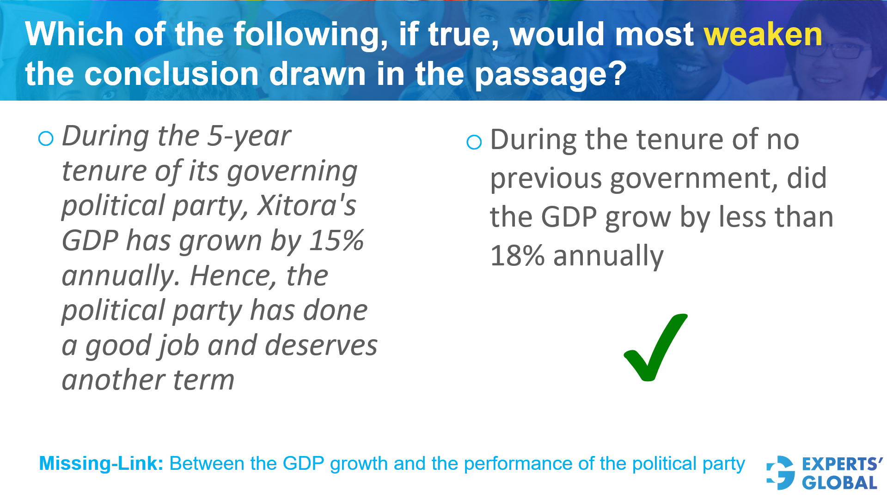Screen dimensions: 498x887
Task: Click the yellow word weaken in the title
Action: click(x=763, y=35)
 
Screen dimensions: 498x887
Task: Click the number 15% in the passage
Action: click(x=336, y=240)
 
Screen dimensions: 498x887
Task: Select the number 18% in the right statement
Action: click(x=517, y=256)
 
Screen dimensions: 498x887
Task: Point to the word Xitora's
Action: click(x=306, y=205)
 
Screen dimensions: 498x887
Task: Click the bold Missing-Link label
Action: click(x=101, y=463)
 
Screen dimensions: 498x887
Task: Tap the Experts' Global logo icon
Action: click(x=780, y=473)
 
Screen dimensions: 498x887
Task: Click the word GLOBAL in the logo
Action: click(x=839, y=483)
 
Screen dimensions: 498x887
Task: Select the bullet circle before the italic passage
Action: click(x=46, y=138)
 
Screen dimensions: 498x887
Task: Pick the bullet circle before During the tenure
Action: click(x=474, y=142)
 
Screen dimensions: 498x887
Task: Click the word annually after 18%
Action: click(x=608, y=256)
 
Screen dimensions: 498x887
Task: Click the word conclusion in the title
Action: click(x=171, y=74)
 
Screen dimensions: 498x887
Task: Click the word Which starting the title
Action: click(x=74, y=35)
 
